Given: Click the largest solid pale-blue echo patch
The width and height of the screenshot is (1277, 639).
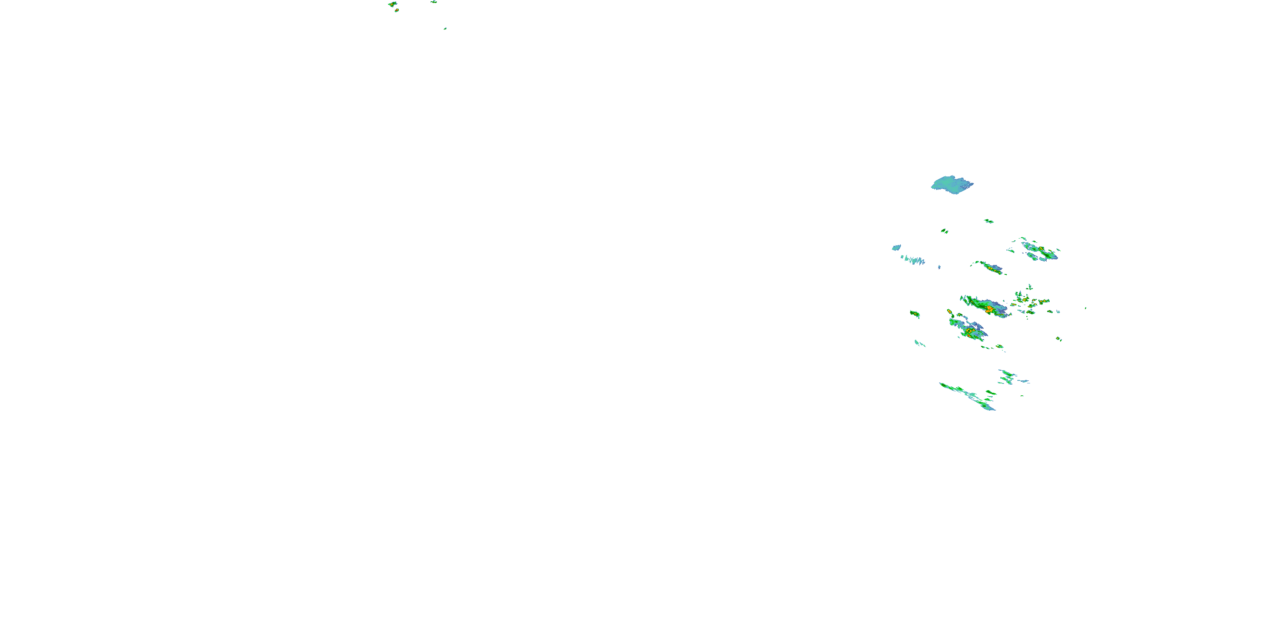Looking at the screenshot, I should [x=951, y=184].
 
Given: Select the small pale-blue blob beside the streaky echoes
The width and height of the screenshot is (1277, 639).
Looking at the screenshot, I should [x=896, y=247].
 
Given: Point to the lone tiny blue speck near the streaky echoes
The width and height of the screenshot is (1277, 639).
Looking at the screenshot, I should [x=939, y=268].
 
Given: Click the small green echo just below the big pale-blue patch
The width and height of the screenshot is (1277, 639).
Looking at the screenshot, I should [x=988, y=221].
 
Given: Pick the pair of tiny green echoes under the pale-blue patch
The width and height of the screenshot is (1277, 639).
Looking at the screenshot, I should [x=945, y=231].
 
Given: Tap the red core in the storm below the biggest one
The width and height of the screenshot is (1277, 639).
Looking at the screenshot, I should [x=968, y=331].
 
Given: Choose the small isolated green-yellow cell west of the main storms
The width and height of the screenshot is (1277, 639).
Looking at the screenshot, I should [x=915, y=314].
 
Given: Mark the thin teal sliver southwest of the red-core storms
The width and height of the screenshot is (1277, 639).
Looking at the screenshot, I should [x=919, y=343].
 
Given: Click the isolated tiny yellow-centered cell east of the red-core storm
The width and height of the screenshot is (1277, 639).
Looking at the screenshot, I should [x=1058, y=339].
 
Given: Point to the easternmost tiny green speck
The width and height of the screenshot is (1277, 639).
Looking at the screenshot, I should [x=1085, y=308].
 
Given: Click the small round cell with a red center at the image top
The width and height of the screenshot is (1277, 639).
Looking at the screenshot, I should [x=397, y=10].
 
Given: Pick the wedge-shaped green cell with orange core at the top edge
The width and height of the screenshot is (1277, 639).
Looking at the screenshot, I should [x=392, y=4].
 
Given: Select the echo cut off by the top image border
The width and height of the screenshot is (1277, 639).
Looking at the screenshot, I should [x=434, y=1].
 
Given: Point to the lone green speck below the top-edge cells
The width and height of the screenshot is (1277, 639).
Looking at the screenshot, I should [x=445, y=28].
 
